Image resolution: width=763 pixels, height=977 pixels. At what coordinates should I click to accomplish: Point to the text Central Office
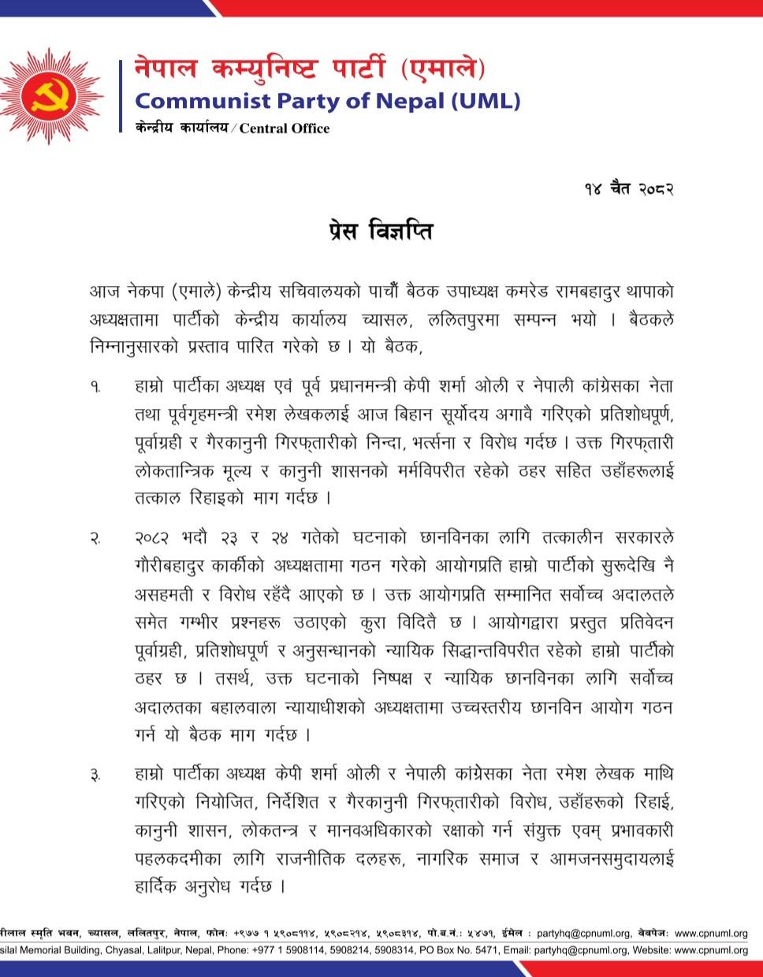285,128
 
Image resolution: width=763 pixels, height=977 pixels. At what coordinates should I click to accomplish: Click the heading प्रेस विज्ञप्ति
381,232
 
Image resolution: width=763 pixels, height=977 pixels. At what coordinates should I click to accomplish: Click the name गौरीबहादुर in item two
169,566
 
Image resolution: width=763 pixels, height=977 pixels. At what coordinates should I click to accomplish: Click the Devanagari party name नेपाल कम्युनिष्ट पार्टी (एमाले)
310,71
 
